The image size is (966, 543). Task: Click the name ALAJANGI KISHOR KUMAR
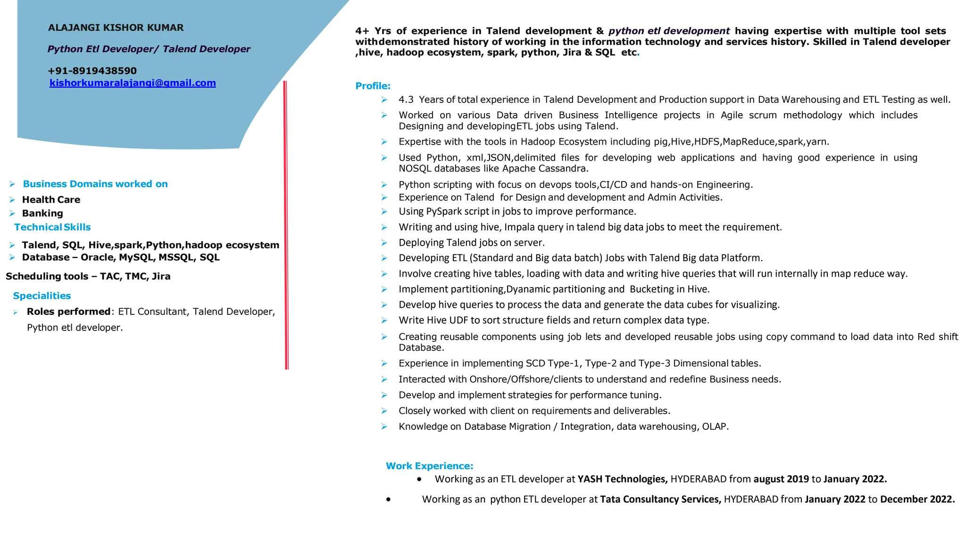click(x=116, y=28)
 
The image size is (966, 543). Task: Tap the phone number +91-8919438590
click(x=92, y=71)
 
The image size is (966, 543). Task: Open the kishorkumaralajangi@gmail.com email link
click(x=133, y=83)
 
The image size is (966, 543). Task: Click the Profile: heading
click(x=373, y=86)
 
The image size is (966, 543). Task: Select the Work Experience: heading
click(x=429, y=466)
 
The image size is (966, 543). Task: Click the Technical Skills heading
click(x=52, y=227)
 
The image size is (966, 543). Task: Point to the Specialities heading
click(x=42, y=296)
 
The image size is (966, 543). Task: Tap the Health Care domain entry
click(x=51, y=200)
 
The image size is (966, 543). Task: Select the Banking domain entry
click(x=42, y=214)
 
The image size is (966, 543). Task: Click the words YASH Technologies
click(x=622, y=479)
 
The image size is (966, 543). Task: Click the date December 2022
click(x=917, y=500)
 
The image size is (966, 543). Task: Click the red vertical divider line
click(x=286, y=226)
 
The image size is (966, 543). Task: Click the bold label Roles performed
click(x=68, y=312)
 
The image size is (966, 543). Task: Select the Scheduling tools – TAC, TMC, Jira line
click(x=88, y=277)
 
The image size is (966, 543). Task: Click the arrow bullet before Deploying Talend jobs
click(x=384, y=243)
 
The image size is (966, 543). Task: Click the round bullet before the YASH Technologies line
click(x=419, y=479)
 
